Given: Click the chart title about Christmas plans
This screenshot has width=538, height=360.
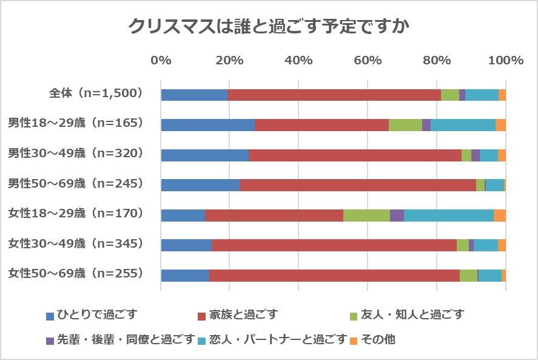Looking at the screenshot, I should [269, 27].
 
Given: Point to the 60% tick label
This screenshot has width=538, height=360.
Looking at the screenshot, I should [368, 60].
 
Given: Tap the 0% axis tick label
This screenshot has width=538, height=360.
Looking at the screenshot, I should [161, 60].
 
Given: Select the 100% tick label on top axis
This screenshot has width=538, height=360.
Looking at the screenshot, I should [505, 60].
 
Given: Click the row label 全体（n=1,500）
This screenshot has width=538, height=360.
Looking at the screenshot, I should [96, 93].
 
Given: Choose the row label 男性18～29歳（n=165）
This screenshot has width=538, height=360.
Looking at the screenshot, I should [75, 123].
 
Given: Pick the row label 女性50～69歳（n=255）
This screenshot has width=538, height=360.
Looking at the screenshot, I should [75, 273].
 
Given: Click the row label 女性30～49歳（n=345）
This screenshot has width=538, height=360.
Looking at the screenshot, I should [75, 243].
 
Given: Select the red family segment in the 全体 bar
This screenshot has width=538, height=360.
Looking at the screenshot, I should [334, 95].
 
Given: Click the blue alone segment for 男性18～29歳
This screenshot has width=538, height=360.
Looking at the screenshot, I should [207, 125].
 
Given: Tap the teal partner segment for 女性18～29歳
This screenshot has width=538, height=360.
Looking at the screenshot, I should [449, 215].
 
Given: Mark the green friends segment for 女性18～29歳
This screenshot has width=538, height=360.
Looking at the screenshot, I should [366, 215].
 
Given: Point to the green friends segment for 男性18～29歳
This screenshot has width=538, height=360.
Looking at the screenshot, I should [405, 125].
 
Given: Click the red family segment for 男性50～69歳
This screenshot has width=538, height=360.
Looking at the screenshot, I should [358, 185].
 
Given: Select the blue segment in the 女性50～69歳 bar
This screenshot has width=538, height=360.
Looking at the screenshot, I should [185, 275].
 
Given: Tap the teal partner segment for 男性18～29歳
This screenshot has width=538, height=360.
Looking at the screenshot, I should [463, 125].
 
